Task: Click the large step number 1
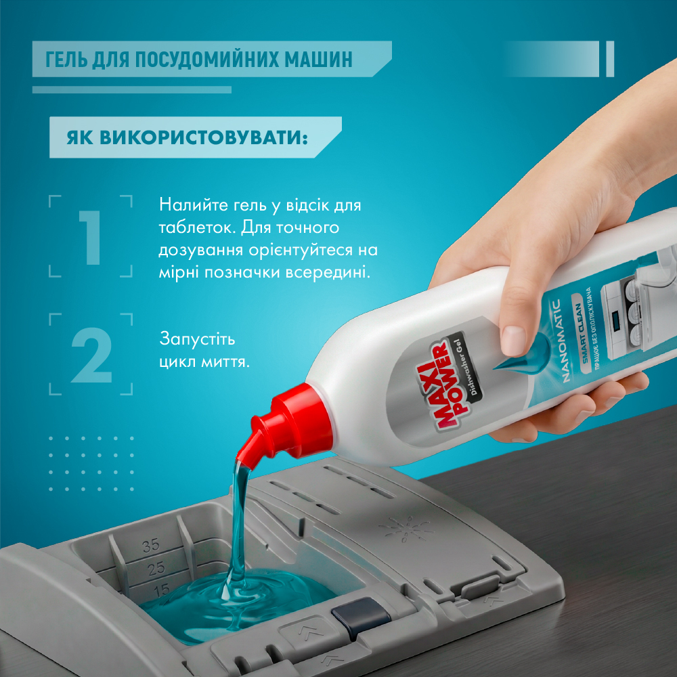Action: pos(91,237)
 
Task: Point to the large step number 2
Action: pos(91,355)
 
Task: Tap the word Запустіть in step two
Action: pos(197,339)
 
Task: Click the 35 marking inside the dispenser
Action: pos(151,546)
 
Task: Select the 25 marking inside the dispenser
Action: pos(156,569)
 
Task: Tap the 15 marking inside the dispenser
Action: pos(162,590)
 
